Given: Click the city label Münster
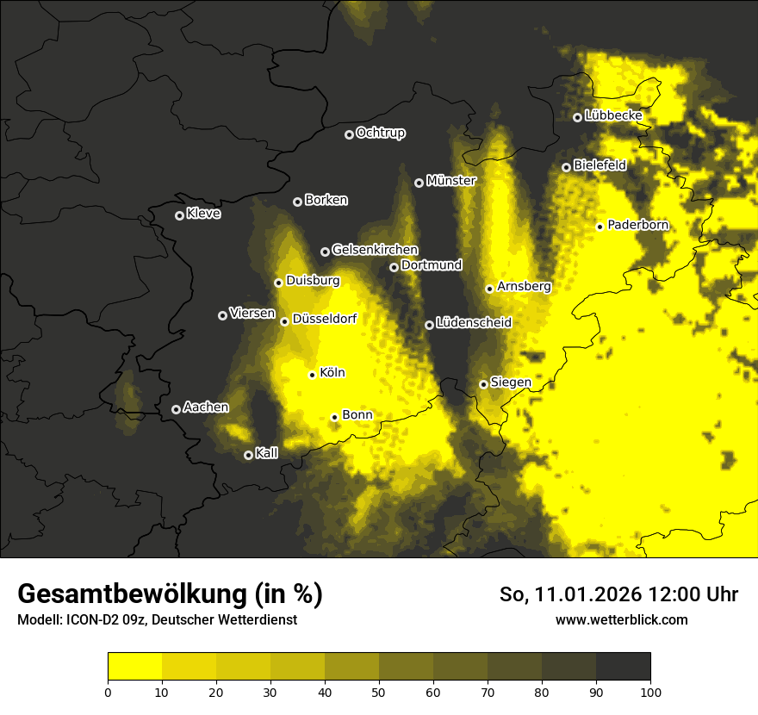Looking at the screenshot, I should tap(451, 182).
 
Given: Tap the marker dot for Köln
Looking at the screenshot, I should tap(313, 375).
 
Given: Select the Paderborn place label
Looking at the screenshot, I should tap(637, 226).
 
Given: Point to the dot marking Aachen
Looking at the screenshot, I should tap(177, 409).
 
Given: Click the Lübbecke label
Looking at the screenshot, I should tap(613, 115).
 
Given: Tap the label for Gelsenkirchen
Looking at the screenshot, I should tap(375, 251).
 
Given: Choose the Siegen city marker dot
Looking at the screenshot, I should tap(484, 384).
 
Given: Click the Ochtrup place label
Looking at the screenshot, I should tap(380, 134).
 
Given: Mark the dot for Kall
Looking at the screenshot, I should tap(249, 455).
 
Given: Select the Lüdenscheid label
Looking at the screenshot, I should tap(474, 324).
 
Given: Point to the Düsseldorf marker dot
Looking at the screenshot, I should tap(285, 321).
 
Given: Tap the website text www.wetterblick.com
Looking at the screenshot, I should tap(621, 619).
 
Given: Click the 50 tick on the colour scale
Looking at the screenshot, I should tap(379, 691).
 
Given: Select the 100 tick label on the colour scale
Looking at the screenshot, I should tap(650, 691).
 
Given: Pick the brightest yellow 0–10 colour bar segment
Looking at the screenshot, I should tap(135, 666).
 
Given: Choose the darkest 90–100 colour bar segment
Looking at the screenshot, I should tap(623, 666).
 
